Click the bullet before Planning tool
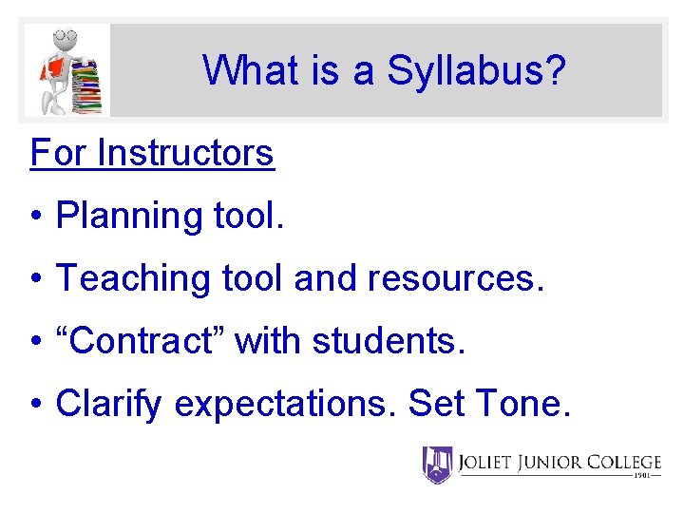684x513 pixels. pyautogui.click(x=35, y=217)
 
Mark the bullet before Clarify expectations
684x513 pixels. pyautogui.click(x=35, y=404)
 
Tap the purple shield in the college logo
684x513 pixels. pyautogui.click(x=437, y=465)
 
